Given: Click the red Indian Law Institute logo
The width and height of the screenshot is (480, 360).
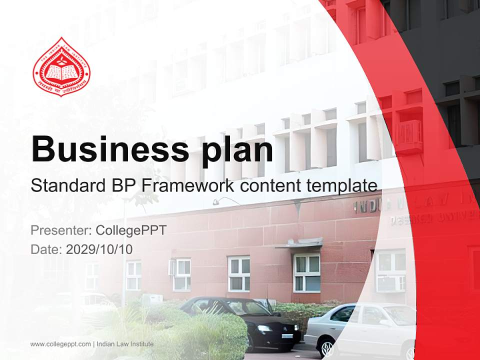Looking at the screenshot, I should (x=61, y=67).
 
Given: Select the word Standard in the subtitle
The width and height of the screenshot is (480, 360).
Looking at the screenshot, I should (x=66, y=186).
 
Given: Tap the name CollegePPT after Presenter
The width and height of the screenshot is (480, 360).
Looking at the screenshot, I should (x=130, y=230).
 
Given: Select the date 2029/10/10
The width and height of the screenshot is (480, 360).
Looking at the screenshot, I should (x=99, y=249).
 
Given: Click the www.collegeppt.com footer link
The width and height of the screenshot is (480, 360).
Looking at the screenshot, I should (x=60, y=344).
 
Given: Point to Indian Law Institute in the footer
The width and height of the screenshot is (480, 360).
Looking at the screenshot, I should (x=125, y=344).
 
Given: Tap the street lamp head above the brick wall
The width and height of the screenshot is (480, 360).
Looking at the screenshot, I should (x=216, y=202).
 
